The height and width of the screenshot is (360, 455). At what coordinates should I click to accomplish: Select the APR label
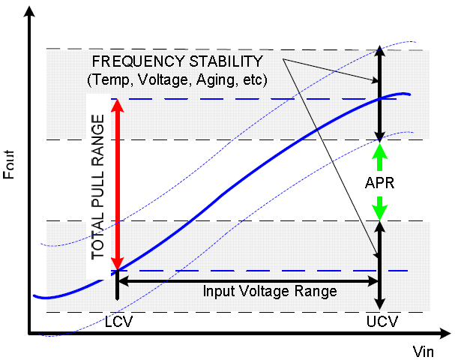pos(380,181)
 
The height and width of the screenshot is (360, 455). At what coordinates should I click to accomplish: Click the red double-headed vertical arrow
pos(115,184)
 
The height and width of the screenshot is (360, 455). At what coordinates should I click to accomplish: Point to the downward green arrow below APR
pos(380,208)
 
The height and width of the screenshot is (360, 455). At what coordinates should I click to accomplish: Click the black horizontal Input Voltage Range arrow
pos(247,281)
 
